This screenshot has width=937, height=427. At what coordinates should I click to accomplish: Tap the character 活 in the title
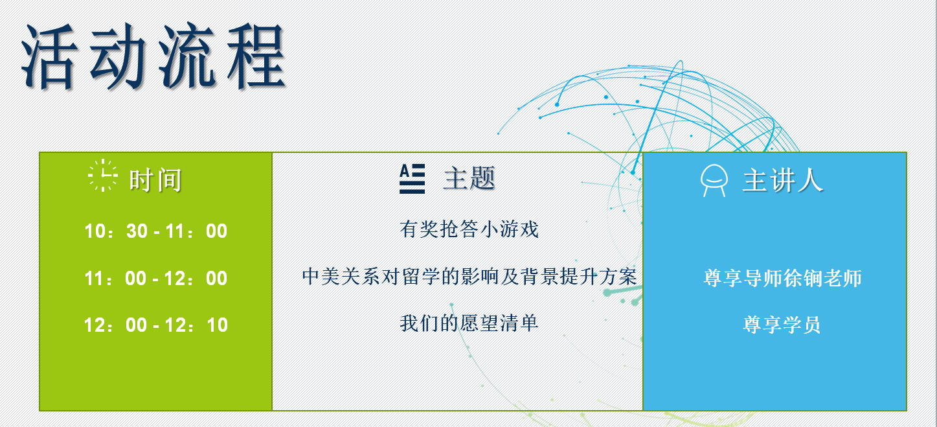(49, 56)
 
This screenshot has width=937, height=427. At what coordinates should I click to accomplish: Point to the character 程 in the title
(256, 56)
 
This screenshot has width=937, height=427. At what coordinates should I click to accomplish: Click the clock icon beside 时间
(102, 176)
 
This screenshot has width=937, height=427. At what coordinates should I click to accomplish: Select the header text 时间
(155, 180)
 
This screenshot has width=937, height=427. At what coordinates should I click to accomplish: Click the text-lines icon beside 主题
(412, 179)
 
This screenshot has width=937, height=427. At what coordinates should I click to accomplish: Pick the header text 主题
(469, 179)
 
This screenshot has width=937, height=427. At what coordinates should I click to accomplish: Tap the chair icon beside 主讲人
(714, 180)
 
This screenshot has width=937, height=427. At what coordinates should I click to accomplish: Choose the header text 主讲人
(783, 180)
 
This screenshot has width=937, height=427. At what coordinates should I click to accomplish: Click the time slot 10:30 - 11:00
(156, 231)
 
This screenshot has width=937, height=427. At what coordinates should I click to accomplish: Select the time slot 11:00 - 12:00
(156, 279)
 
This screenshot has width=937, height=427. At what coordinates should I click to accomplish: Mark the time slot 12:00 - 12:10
(156, 325)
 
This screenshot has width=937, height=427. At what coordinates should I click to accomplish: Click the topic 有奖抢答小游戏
(469, 229)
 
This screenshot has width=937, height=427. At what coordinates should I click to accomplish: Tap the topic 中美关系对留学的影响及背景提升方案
(469, 277)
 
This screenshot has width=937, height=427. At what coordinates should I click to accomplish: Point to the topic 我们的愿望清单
(469, 323)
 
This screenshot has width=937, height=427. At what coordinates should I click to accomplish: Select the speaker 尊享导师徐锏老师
(783, 279)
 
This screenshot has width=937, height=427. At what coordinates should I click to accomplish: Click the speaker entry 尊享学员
(782, 325)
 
